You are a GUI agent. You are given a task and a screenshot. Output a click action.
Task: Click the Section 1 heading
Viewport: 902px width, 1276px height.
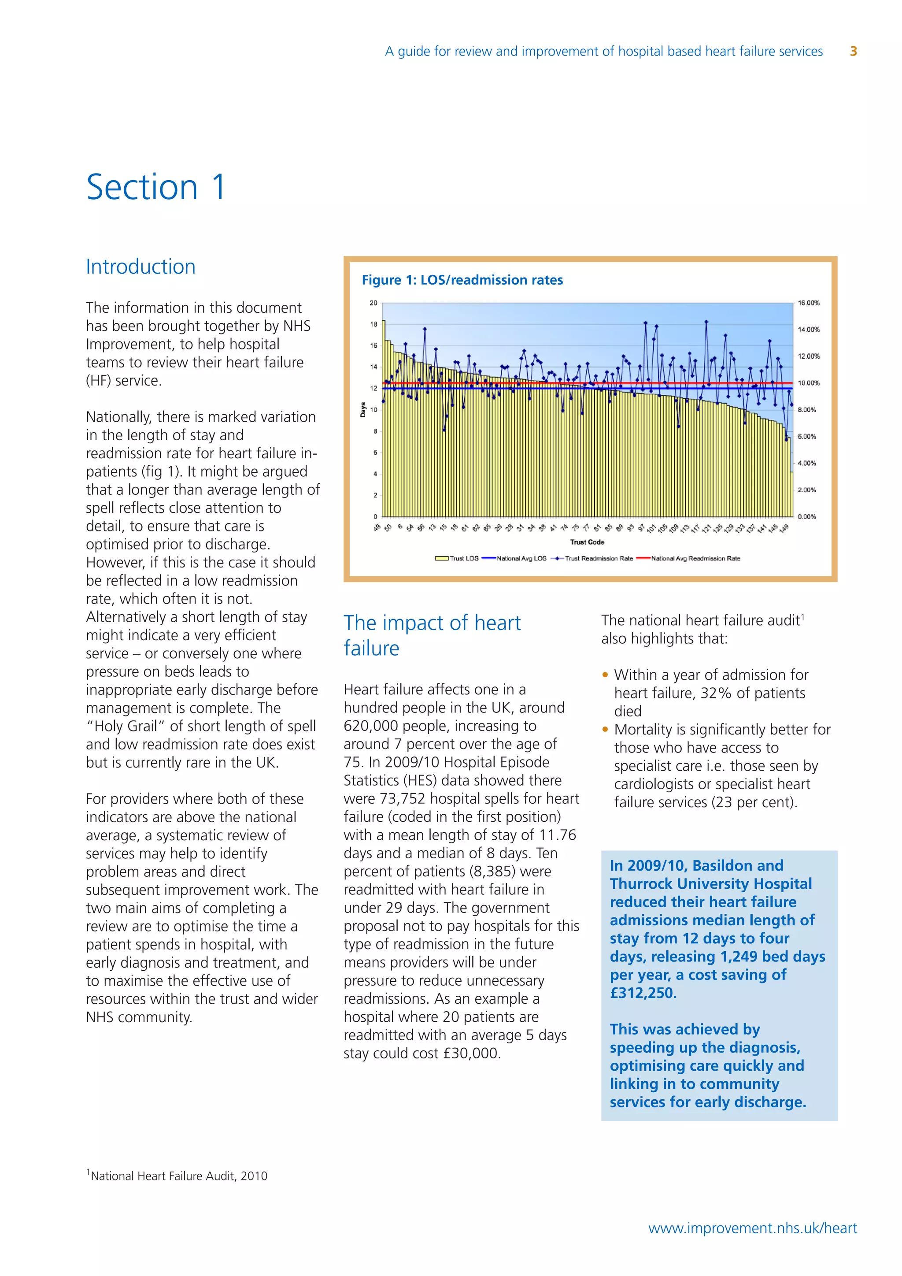(156, 187)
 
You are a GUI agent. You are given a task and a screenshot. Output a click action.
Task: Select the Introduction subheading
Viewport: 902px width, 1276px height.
(140, 267)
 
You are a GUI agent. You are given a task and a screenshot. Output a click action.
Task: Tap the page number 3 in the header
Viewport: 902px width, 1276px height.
(853, 52)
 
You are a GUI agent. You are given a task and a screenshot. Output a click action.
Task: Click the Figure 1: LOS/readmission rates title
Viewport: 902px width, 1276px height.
(462, 280)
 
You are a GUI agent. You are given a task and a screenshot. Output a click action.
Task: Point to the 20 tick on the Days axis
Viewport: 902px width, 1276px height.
(373, 303)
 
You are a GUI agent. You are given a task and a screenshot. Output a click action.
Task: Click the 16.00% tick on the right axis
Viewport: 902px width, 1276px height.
(808, 303)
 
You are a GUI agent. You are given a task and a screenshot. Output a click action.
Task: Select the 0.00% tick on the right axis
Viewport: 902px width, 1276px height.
(806, 516)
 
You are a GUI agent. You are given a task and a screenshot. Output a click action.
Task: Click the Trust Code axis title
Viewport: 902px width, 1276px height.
(587, 542)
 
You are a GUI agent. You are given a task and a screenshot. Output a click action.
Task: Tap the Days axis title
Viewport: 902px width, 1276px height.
(362, 410)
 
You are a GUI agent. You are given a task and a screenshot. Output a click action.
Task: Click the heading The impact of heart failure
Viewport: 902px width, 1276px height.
(432, 635)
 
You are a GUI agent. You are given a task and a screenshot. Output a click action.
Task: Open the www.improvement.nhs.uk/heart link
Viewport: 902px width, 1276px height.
(753, 1228)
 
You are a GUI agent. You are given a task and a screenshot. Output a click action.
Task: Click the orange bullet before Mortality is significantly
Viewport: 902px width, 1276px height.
(606, 729)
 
